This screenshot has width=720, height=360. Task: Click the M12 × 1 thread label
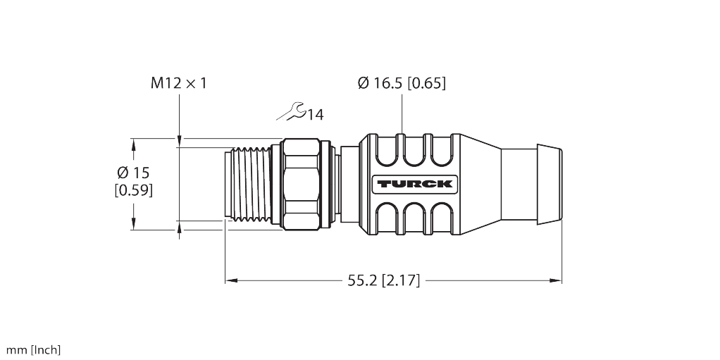pyautogui.click(x=179, y=83)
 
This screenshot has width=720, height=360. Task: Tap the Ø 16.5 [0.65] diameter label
pyautogui.click(x=402, y=83)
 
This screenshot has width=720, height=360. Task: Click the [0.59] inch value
pyautogui.click(x=133, y=190)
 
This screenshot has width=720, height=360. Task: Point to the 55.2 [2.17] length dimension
pyautogui.click(x=383, y=280)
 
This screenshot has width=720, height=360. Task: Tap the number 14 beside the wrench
pyautogui.click(x=315, y=114)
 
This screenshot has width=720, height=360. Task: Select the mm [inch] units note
pyautogui.click(x=34, y=350)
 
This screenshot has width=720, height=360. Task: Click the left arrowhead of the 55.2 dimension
pyautogui.click(x=230, y=280)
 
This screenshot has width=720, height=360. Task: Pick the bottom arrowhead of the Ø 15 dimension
pyautogui.click(x=134, y=225)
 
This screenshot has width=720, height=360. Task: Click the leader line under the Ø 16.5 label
pyautogui.click(x=402, y=113)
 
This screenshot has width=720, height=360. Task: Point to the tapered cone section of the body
pyautogui.click(x=480, y=184)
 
